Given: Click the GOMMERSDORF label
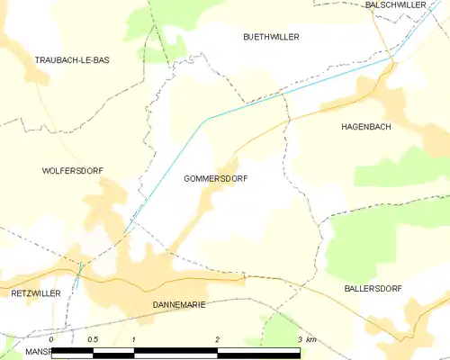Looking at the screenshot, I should (x=215, y=179).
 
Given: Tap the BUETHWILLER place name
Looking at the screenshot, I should (x=271, y=37).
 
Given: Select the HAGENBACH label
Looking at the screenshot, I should (x=365, y=127).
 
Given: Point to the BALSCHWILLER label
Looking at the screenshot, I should (x=395, y=5).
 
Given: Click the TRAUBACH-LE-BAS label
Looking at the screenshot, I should (x=71, y=59).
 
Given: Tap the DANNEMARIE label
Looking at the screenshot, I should (x=174, y=305).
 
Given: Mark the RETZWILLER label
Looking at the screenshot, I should (x=35, y=293).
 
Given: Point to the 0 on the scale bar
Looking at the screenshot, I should (x=51, y=339).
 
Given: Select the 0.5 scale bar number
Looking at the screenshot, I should (x=93, y=339).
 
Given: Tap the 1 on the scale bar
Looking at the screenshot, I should (x=133, y=339).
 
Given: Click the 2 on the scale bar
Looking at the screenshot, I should (x=217, y=339).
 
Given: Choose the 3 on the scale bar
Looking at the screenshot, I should (x=299, y=339).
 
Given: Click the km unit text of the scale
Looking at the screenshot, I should (x=311, y=339).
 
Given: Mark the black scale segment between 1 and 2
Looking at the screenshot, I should (x=175, y=352).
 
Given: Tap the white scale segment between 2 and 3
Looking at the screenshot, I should (x=258, y=352).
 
